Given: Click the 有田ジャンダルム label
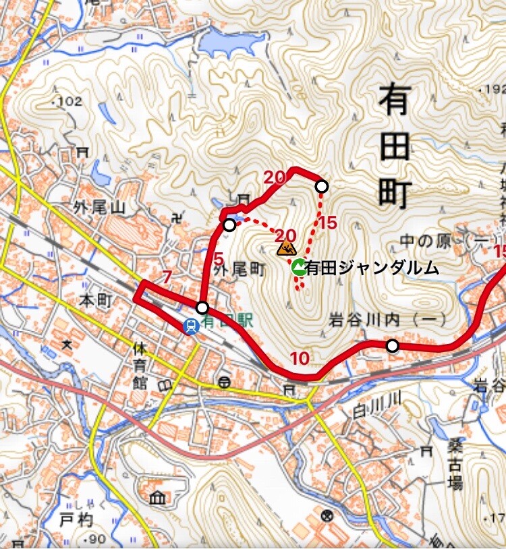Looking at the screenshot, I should (372, 268).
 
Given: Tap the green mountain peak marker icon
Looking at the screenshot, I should (298, 268).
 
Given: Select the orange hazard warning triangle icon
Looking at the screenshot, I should (287, 248).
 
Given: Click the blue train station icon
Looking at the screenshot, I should (191, 326).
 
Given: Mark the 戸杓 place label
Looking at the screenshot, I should (75, 520).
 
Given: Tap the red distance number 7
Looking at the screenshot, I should (167, 276).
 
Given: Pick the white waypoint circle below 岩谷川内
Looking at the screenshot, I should (392, 346).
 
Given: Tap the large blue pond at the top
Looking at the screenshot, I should (228, 44).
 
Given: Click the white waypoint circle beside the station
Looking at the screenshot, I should (202, 308).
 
